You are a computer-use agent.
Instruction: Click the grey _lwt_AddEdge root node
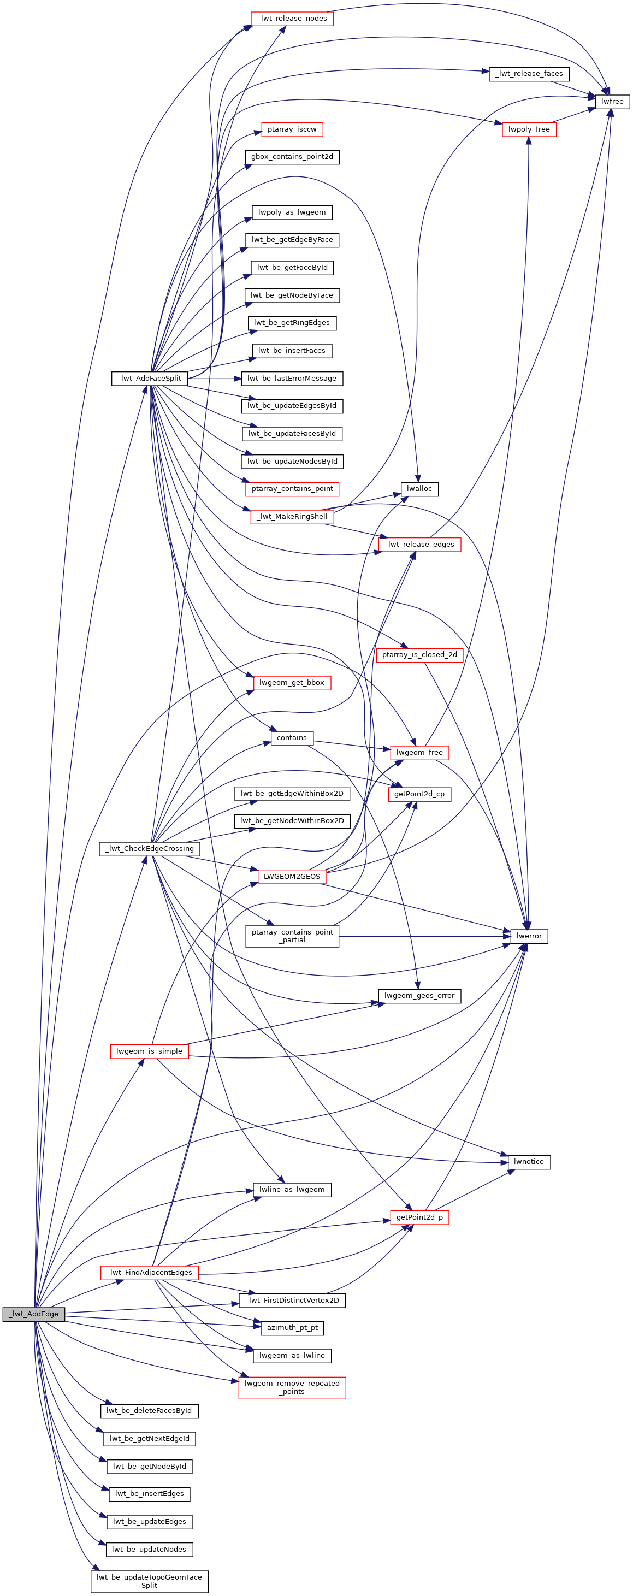[x=33, y=1314]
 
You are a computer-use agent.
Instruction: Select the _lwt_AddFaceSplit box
[x=149, y=378]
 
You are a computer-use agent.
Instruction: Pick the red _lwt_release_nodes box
[x=292, y=19]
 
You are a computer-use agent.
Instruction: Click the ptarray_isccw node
[x=292, y=129]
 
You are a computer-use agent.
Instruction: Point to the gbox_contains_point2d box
[x=292, y=157]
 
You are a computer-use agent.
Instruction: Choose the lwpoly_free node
[x=529, y=129]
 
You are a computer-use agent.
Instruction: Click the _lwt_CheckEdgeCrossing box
[x=149, y=849]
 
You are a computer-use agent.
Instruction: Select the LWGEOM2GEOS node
[x=292, y=877]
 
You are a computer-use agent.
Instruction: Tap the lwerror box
[x=529, y=936]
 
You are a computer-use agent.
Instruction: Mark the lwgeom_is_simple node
[x=149, y=1051]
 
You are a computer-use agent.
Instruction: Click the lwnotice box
[x=529, y=1162]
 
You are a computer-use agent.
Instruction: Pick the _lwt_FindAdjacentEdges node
[x=149, y=1273]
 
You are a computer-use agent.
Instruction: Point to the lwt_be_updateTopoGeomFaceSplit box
[x=149, y=1581]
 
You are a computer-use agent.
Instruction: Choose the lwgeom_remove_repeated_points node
[x=292, y=1387]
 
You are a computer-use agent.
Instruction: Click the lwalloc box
[x=419, y=489]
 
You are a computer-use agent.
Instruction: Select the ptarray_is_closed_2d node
[x=419, y=655]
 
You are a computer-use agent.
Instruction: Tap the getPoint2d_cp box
[x=419, y=794]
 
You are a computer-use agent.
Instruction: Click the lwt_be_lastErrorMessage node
[x=292, y=378]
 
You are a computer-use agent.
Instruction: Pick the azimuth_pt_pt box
[x=292, y=1328]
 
